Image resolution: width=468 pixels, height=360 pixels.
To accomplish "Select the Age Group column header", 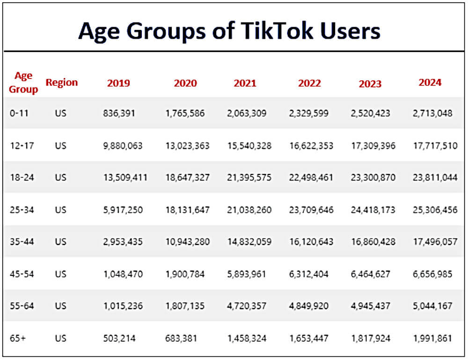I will pos(23,83).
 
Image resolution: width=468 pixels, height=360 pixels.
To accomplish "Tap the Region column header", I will pos(62,83).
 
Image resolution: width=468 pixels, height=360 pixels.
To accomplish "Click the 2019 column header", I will pos(118,84).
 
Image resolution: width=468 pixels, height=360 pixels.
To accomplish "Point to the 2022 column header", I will pos(309,84).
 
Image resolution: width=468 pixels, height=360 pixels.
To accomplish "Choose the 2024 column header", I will pos(430,83).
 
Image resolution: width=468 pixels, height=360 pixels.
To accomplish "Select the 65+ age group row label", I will pos(18,338).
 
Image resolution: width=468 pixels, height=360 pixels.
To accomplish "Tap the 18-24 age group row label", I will pos(22,178).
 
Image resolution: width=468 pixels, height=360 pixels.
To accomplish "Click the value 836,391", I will pos(119,113).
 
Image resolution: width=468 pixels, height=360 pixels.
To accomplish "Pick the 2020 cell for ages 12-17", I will pos(187,145).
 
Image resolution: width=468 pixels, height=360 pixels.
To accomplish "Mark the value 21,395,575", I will pos(249,178).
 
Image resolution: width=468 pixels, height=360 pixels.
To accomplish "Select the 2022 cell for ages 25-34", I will pos(311,210).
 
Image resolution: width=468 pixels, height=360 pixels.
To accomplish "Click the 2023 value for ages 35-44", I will pos(373,242).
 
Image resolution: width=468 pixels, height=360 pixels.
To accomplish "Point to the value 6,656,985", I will pos(432,274).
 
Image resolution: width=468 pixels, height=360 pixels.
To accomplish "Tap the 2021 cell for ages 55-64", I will pos(247,306).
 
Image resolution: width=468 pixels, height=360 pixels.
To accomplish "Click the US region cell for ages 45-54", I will pos(60,274).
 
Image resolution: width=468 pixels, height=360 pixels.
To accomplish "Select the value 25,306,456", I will pos(435,210).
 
